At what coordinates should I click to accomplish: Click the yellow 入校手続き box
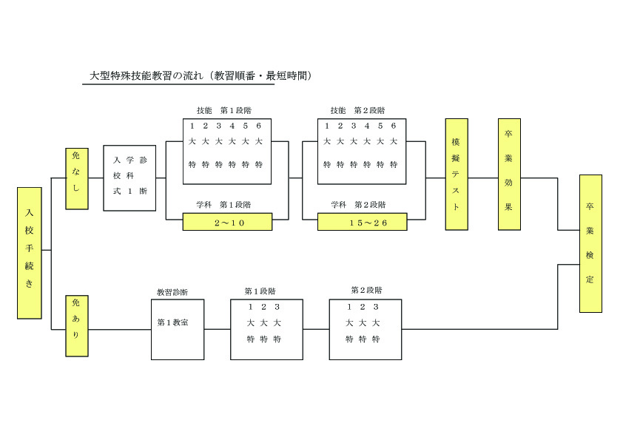point(29,253)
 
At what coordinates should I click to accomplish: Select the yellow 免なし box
point(77,178)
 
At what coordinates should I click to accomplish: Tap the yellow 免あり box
point(77,325)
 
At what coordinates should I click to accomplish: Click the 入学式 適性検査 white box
point(129,178)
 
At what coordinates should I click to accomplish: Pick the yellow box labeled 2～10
point(227,222)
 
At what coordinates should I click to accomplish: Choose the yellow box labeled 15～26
point(362,222)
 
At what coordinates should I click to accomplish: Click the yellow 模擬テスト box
point(457,175)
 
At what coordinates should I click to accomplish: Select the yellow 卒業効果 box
point(509,175)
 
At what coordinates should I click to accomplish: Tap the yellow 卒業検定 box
point(590,243)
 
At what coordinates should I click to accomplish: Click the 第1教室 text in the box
point(172,323)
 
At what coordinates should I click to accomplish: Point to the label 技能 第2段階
point(357,110)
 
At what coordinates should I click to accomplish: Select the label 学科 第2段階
point(357,204)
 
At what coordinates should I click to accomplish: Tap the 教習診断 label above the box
point(172,292)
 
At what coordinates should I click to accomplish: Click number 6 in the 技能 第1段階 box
point(258,126)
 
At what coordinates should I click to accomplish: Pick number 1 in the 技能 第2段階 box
point(327,126)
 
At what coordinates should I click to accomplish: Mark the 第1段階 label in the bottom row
point(260,291)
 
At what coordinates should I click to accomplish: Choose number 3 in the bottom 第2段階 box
point(376,307)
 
